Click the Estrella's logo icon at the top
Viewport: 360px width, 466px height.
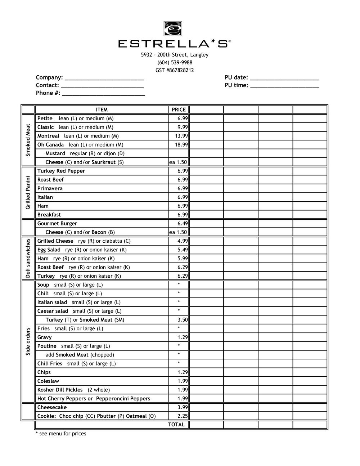tap(173, 28)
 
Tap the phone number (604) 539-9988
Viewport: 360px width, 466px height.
tap(175, 63)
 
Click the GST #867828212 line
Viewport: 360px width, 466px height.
tap(175, 70)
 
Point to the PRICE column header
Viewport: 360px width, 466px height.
tap(179, 110)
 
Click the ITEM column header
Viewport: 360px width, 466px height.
tap(102, 110)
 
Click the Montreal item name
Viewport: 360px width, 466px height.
tap(48, 136)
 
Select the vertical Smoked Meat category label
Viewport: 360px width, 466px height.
tap(28, 140)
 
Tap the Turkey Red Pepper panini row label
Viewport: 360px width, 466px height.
tap(61, 171)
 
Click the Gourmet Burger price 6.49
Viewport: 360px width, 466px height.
tap(182, 224)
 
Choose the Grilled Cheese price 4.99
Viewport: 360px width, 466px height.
tap(182, 241)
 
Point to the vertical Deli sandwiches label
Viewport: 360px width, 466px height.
tap(28, 258)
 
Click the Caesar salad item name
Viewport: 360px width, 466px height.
tap(53, 311)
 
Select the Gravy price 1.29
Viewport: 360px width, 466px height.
tap(182, 337)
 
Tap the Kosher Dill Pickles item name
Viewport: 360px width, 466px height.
tap(60, 390)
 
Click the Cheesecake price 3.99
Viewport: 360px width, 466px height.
tap(182, 407)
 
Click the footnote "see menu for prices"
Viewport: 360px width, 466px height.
tap(62, 434)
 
